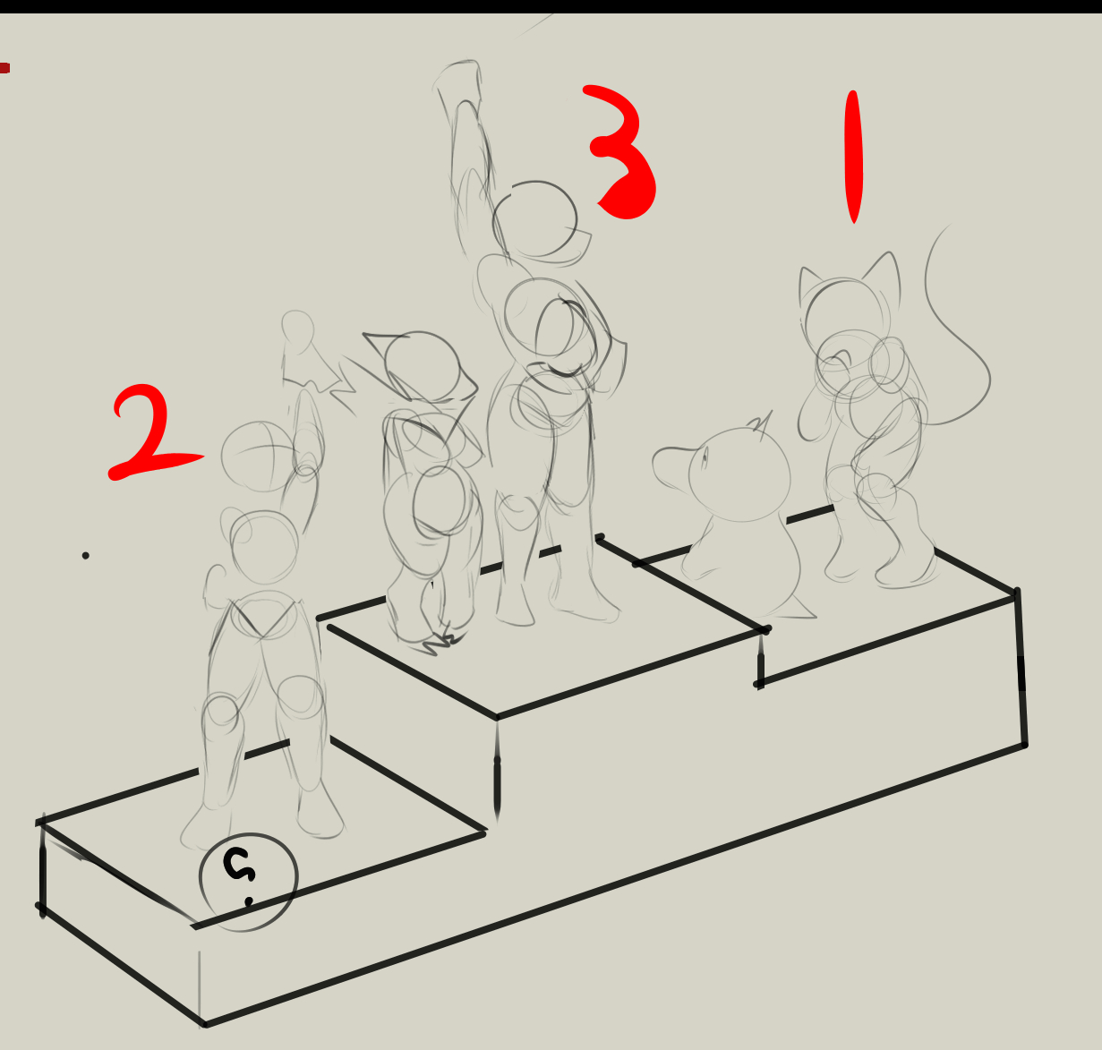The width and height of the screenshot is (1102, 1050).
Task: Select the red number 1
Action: click(854, 157)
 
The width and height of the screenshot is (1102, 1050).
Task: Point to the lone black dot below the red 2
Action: click(85, 556)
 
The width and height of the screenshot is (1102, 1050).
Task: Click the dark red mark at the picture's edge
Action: click(4, 68)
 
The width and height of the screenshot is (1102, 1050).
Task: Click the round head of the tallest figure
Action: click(534, 219)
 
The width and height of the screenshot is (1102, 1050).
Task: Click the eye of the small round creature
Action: click(705, 461)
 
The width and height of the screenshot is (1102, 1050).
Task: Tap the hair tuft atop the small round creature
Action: click(761, 422)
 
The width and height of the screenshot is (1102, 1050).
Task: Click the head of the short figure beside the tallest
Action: click(422, 365)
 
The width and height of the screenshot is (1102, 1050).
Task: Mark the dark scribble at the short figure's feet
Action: click(443, 644)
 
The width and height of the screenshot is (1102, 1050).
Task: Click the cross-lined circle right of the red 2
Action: click(258, 457)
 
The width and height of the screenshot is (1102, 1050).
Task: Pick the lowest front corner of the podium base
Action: click(205, 1024)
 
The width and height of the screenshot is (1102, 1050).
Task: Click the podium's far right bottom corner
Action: click(1025, 745)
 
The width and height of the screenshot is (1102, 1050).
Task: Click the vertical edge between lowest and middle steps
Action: click(497, 769)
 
